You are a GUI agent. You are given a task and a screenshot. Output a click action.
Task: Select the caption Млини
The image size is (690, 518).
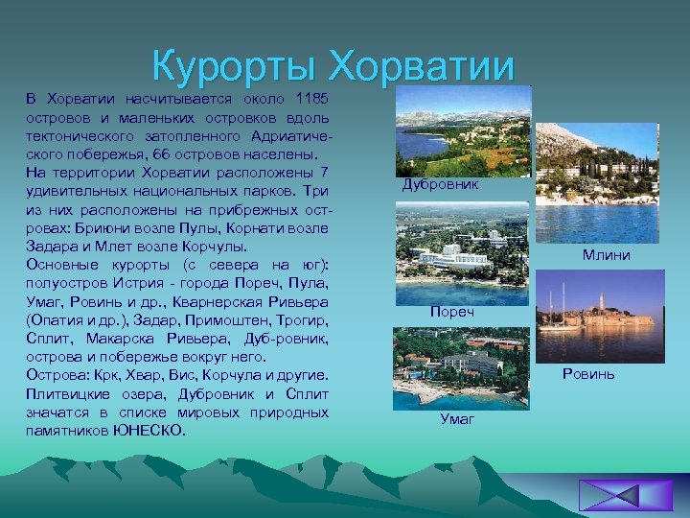point(606,255)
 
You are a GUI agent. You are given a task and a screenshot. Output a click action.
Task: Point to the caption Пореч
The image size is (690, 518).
point(449,313)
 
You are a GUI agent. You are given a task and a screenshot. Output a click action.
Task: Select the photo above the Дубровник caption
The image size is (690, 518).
point(462,130)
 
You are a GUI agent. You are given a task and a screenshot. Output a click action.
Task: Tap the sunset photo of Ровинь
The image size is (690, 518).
point(595,314)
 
